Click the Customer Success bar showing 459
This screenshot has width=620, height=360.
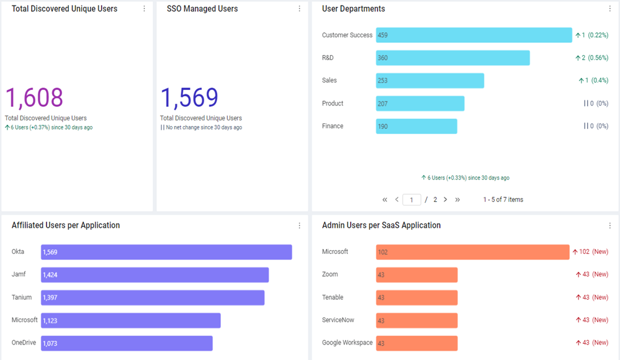pos(474,35)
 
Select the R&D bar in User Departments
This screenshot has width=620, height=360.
pos(452,58)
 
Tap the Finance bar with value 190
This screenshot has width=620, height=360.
pos(416,126)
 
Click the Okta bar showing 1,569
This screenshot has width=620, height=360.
pos(166,252)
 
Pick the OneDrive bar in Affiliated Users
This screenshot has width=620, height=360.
pos(127,343)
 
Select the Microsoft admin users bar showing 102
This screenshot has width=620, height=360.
pos(472,252)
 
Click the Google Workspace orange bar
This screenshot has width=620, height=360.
pos(417,343)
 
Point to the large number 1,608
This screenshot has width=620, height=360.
pos(34,97)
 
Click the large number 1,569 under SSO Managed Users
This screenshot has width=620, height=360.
pos(189,97)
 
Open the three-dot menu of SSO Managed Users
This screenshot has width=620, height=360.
pos(299,9)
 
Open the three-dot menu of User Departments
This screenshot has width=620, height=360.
pos(609,9)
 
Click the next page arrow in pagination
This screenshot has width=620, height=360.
pos(445,199)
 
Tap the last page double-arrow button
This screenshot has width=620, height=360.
pos(457,199)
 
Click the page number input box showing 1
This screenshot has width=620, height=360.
pos(411,199)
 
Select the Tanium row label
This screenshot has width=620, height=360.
pos(22,297)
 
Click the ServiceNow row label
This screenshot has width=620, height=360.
pos(338,320)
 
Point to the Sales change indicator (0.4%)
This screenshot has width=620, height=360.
pos(593,80)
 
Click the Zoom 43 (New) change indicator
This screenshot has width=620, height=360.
pos(592,274)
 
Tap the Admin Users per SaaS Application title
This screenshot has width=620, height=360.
pos(381,225)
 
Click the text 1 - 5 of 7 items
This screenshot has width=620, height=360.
pos(503,199)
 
